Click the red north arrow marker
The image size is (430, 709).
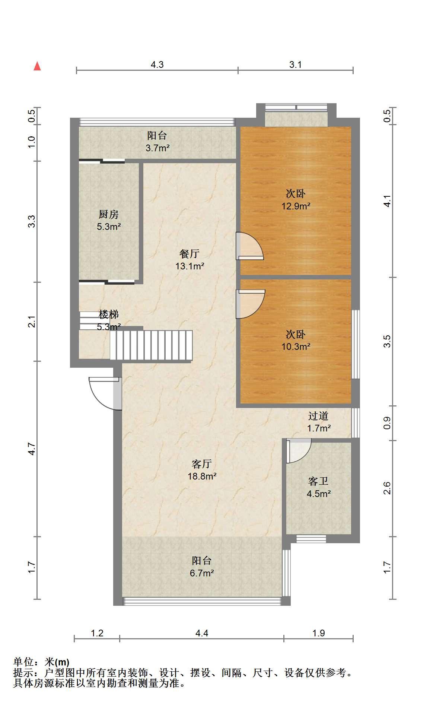point(37,66)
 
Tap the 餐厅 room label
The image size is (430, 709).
point(189,254)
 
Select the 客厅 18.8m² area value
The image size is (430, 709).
point(202,476)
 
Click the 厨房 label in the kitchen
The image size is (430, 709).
point(109,214)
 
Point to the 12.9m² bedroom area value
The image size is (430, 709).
point(296,206)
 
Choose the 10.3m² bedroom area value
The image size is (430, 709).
point(296,346)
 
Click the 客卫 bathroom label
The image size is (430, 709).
point(318,481)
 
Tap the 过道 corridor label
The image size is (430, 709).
point(318,416)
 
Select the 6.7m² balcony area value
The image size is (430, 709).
point(202,573)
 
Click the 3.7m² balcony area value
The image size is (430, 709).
point(157,148)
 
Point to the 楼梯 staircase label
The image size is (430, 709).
point(109,315)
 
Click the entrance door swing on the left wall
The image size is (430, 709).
point(105,393)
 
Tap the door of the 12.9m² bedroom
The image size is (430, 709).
point(249,246)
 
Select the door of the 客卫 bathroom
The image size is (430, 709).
point(298,451)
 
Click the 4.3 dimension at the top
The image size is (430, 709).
point(157,64)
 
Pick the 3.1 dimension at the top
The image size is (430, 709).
point(296,64)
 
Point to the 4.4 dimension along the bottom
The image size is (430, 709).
point(201,633)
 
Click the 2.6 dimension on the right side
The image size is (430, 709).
point(387,488)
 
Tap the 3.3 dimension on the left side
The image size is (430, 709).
point(32,221)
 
